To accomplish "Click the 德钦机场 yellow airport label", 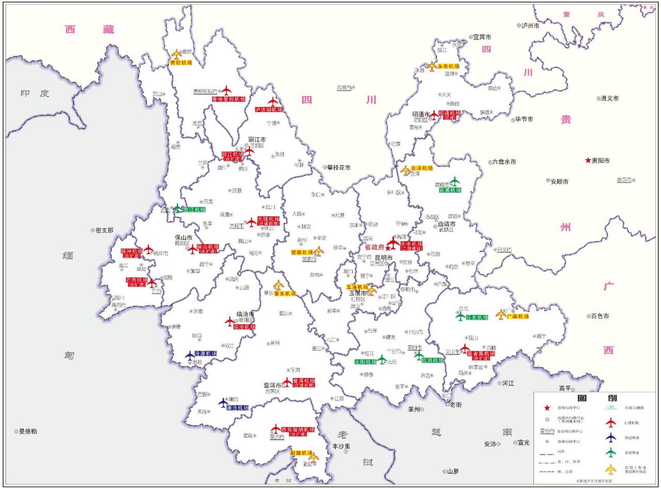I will click(181, 63).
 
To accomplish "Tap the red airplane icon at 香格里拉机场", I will click(226, 91).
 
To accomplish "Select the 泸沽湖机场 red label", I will click(269, 109).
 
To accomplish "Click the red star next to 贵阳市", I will click(588, 161).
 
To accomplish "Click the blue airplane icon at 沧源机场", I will click(190, 355).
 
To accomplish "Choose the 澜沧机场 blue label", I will click(237, 408).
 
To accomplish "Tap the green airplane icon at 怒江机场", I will click(177, 208).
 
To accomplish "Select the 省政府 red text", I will click(374, 247).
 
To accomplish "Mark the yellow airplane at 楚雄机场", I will click(319, 251).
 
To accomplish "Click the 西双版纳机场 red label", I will click(298, 430).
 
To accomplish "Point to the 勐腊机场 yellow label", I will click(301, 453).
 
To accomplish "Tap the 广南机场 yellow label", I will click(518, 316).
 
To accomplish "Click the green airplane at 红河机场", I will click(419, 356).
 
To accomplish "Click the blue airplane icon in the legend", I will click(611, 437).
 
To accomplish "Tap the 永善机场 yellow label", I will click(448, 66).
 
